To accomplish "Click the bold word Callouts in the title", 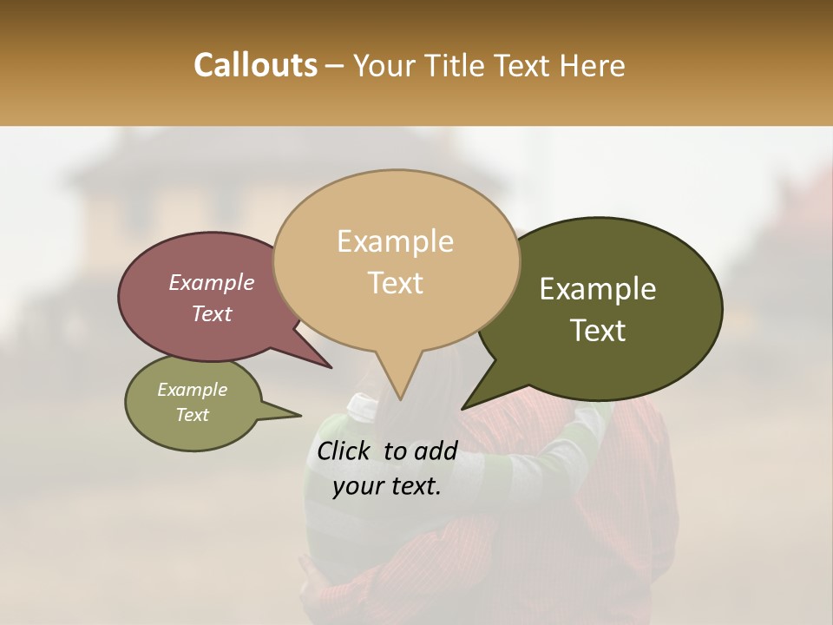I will (x=255, y=66).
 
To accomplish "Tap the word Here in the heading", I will (x=593, y=66).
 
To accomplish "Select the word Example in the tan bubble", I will (x=395, y=241).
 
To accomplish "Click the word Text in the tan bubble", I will (x=395, y=283).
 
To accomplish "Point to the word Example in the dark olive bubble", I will (x=598, y=289).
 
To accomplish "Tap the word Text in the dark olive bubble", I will (x=598, y=331).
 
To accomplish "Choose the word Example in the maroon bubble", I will (x=212, y=283).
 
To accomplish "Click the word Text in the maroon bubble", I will (x=212, y=314).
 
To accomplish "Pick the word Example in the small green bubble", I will (x=193, y=390).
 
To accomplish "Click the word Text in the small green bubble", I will (x=193, y=415).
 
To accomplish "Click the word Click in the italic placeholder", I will (x=346, y=451).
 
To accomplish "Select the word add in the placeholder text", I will (x=436, y=451).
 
